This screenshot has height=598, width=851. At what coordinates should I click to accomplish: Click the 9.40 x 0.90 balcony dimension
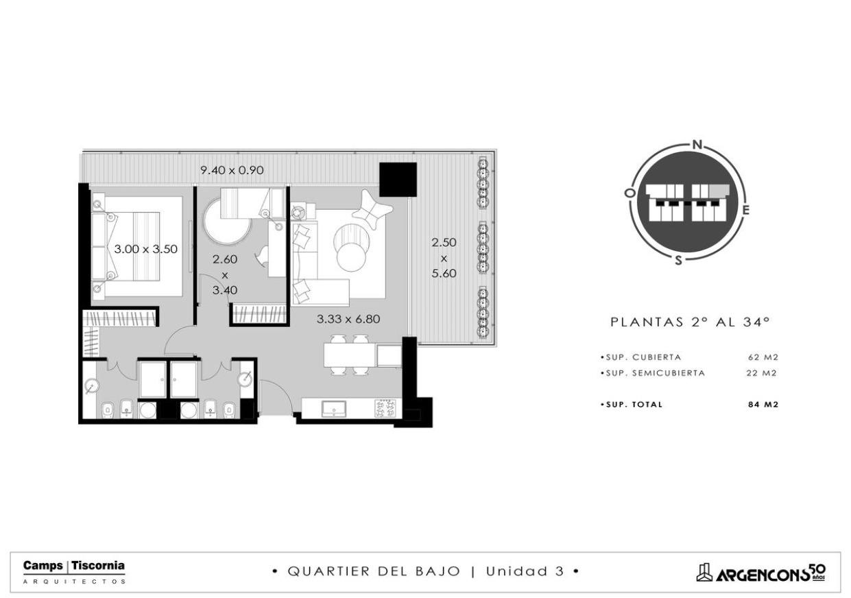(232, 170)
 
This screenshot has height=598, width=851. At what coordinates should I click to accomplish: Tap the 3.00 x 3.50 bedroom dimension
(146, 249)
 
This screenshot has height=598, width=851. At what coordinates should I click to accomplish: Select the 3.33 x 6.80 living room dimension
(348, 319)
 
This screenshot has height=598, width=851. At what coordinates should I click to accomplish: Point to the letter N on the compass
(697, 145)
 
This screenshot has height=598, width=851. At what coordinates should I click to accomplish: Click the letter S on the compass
(678, 261)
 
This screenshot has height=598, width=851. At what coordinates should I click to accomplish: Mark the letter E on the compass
(746, 210)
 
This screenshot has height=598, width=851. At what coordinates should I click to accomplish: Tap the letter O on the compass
(630, 193)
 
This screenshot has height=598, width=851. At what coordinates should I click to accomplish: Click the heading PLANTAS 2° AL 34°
(690, 322)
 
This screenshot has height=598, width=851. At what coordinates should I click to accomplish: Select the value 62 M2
(763, 357)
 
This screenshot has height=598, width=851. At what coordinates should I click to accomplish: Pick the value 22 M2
(762, 373)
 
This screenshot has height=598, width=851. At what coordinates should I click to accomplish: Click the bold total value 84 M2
(763, 405)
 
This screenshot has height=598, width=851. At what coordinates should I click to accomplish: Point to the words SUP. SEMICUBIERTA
(653, 373)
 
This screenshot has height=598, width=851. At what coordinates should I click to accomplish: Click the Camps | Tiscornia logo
(74, 572)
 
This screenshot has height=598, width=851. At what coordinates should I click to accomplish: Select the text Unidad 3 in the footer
(525, 571)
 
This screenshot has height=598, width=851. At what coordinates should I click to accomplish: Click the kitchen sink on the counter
(333, 409)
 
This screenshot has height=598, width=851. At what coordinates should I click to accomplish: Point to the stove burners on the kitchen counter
(385, 409)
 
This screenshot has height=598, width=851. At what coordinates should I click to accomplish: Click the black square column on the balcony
(398, 179)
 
